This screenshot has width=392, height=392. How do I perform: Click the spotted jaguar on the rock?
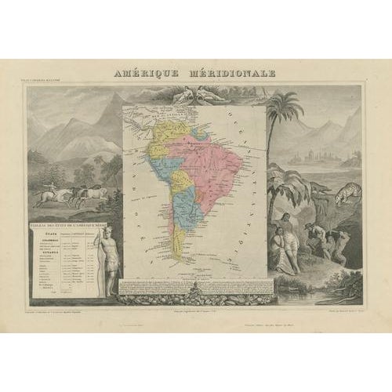click(x=344, y=191)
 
